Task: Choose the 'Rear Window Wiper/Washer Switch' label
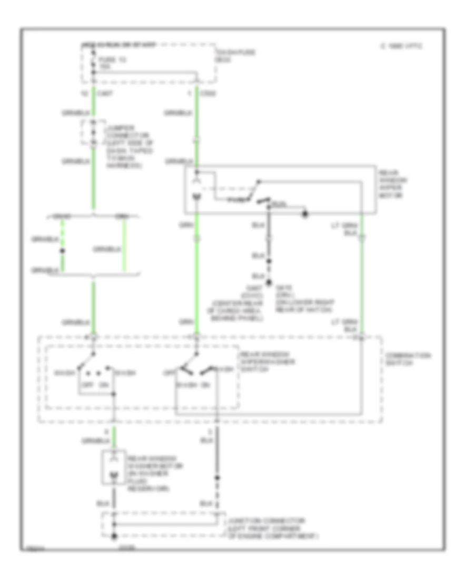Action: tap(262, 362)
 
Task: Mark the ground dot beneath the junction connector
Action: tap(113, 536)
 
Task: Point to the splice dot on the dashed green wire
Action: tap(62, 251)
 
